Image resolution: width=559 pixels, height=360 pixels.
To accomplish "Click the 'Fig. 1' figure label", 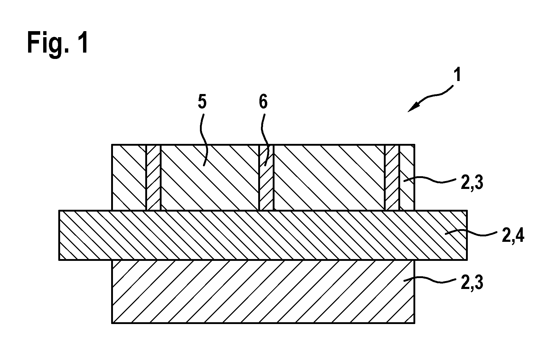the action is coord(58,43).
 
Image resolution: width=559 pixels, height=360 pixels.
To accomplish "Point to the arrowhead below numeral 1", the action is coord(413,107).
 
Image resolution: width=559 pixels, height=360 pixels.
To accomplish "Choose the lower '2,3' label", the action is coord(471,283).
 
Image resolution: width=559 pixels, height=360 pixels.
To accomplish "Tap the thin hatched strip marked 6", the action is coord(266,177).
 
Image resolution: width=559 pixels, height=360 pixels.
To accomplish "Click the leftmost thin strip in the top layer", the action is coord(153,177).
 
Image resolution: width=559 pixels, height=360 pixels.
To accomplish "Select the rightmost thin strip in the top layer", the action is coord(392,177).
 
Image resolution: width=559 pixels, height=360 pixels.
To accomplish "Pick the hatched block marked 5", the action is coord(210,177).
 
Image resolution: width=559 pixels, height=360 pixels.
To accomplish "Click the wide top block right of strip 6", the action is coord(329,177).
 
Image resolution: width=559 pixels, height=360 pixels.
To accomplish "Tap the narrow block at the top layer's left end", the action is coord(129,177).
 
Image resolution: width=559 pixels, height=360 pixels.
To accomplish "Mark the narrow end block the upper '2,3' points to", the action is coord(407,177).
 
